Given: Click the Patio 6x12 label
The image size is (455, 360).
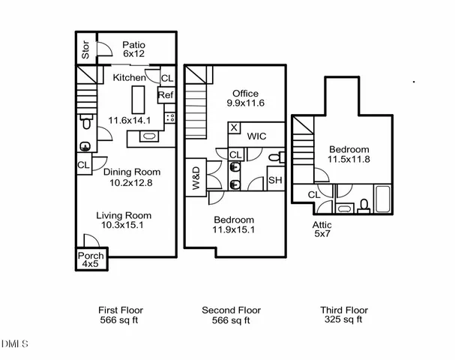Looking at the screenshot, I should pos(133,49).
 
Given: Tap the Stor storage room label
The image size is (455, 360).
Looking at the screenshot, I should pos(85,49).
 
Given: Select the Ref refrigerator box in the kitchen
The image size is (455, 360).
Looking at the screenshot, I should pos(166,95).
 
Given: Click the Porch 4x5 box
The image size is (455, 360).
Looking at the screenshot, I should pos(91,259).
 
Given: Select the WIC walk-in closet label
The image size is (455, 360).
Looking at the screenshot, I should pos(257,137).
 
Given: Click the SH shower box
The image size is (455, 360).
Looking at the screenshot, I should pos(275,180).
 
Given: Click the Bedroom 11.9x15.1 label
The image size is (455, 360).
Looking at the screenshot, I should pos(233,224).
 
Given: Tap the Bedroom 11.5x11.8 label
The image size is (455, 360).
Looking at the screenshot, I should pos(349,154).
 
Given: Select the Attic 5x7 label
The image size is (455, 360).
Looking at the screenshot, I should pos(322,229).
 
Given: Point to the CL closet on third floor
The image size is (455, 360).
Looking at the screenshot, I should pos(314,195).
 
